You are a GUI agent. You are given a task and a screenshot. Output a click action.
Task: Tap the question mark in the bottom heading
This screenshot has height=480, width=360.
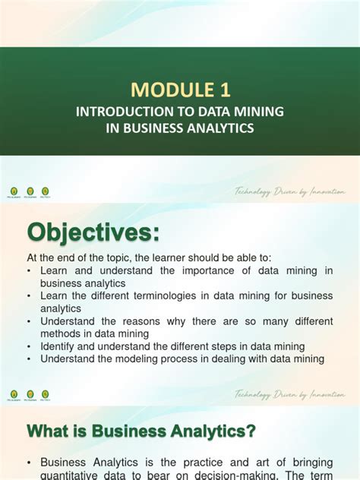(x=251, y=431)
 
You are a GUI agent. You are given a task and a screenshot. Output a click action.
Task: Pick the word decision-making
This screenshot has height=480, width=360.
(x=236, y=474)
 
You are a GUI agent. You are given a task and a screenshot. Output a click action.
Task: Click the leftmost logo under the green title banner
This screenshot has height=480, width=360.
(x=14, y=191)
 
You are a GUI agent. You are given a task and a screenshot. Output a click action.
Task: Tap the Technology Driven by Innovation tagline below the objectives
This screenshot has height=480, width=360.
(x=290, y=395)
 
